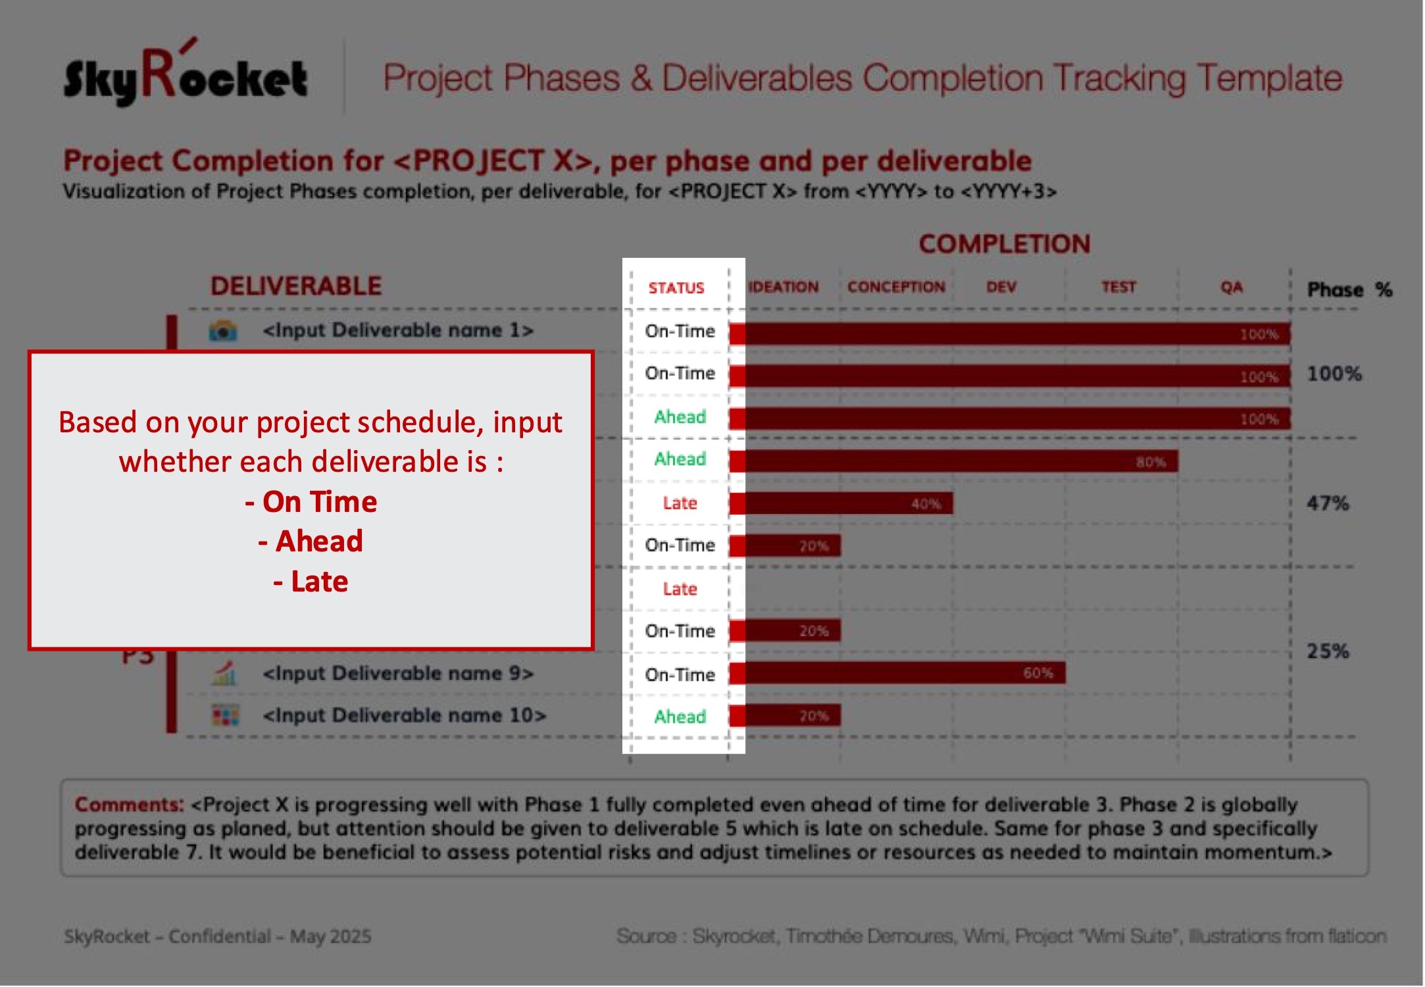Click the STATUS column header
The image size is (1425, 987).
(x=676, y=288)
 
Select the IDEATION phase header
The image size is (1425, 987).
(x=784, y=287)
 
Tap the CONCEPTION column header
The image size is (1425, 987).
(x=895, y=287)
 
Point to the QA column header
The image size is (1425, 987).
(x=1231, y=287)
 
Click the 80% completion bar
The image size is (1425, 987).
(x=961, y=461)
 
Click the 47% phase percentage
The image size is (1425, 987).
(x=1327, y=503)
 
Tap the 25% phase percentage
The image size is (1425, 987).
(x=1327, y=651)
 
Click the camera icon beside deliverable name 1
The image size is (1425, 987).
(x=223, y=330)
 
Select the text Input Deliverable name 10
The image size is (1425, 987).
(x=404, y=715)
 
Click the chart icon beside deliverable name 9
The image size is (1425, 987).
(x=224, y=674)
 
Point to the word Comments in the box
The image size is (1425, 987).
(x=129, y=804)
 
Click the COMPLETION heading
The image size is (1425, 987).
(x=1004, y=244)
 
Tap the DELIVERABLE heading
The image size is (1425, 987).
(x=295, y=286)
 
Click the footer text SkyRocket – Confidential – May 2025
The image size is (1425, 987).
(x=217, y=936)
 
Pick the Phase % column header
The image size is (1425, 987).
(x=1349, y=290)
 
